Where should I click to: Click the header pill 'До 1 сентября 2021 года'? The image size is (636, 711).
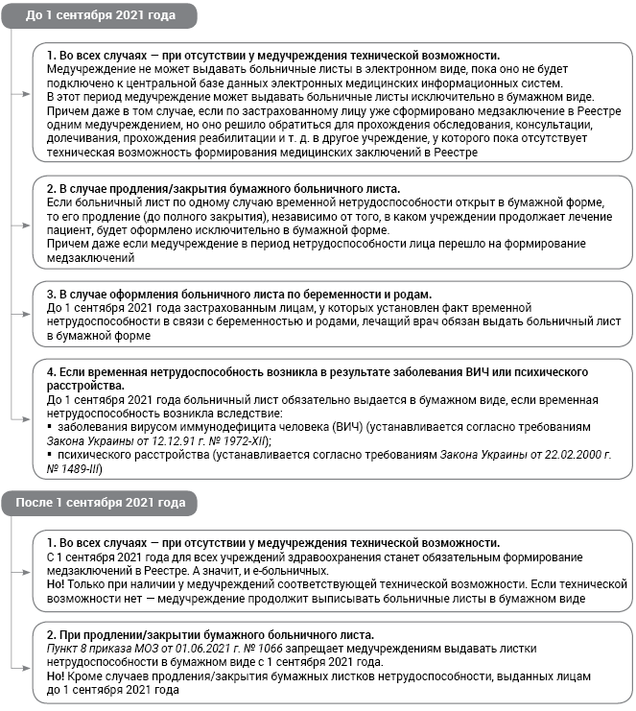(x=99, y=16)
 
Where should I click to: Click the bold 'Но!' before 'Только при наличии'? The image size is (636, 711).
(x=58, y=584)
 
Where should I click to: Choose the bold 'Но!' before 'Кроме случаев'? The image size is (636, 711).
(x=58, y=676)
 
